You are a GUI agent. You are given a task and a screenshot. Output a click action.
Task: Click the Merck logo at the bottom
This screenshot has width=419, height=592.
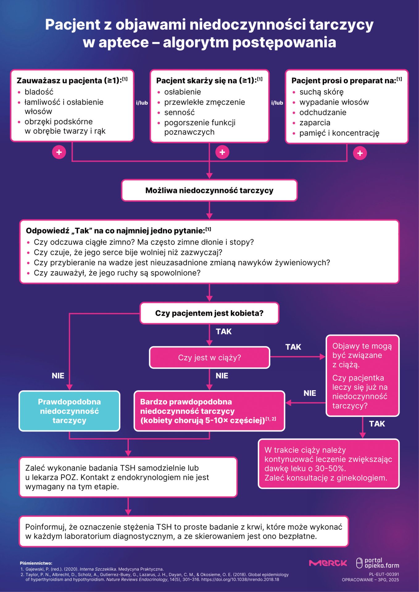tap(328, 563)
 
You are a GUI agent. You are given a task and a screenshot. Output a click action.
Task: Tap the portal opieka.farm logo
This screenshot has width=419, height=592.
tap(378, 563)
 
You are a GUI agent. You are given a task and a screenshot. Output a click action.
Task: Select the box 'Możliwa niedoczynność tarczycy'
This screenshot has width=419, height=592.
tap(209, 191)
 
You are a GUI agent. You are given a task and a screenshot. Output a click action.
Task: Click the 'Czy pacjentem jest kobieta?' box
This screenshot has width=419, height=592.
tap(209, 313)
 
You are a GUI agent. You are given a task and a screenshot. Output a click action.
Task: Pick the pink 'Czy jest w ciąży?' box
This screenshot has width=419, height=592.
tap(209, 358)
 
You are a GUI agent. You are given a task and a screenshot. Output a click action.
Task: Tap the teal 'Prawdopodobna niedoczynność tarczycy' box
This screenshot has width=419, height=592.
tap(69, 411)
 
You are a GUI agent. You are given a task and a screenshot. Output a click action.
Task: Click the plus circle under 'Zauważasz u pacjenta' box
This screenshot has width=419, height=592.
tap(59, 152)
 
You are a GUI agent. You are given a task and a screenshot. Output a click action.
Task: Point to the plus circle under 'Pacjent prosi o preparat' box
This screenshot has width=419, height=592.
tap(360, 153)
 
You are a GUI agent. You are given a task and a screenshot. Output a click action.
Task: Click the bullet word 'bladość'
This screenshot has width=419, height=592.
tap(39, 92)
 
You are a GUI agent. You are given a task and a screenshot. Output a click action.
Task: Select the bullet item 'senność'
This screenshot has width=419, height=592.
tap(179, 113)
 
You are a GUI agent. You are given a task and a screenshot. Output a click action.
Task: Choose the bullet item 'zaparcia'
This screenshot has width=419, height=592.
tap(315, 123)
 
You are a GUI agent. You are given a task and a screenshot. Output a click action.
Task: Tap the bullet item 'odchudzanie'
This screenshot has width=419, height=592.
tap(323, 113)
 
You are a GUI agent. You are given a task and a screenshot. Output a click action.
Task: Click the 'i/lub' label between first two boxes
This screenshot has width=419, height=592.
tap(142, 103)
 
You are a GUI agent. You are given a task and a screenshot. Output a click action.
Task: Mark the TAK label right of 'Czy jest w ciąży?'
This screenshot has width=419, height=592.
tap(293, 347)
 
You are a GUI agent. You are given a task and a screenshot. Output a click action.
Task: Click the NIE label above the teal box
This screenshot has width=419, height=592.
tap(58, 376)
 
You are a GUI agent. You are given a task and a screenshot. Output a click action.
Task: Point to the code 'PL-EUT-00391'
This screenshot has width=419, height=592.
tap(384, 574)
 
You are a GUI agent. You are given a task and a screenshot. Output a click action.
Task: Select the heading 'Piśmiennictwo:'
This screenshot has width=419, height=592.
tap(36, 563)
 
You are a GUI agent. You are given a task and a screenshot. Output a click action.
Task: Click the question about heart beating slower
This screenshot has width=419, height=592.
tap(128, 253)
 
